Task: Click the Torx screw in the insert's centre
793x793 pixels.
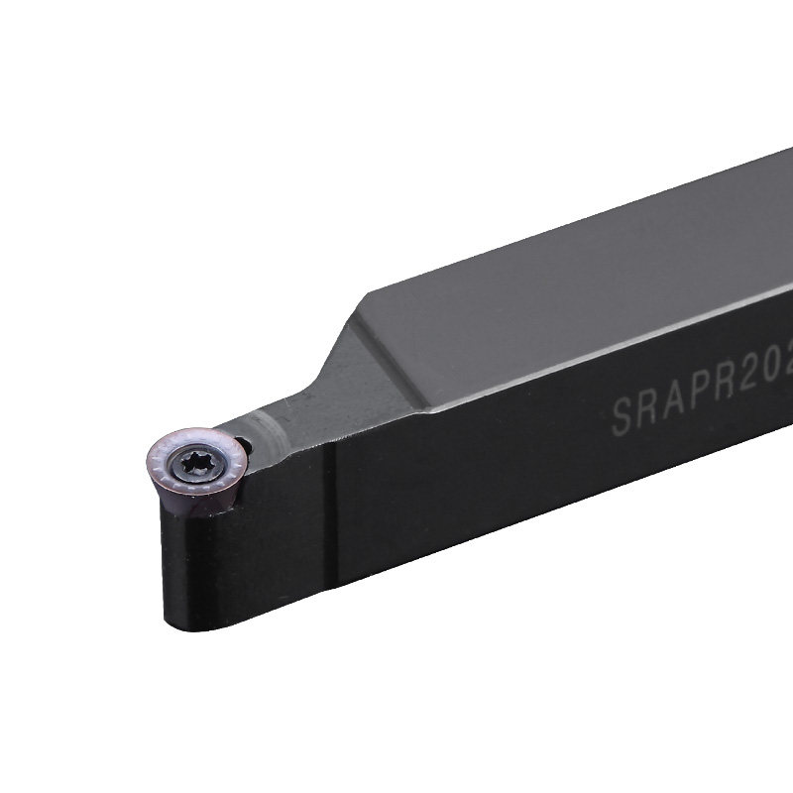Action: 191,463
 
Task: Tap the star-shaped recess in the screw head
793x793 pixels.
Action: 191,463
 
